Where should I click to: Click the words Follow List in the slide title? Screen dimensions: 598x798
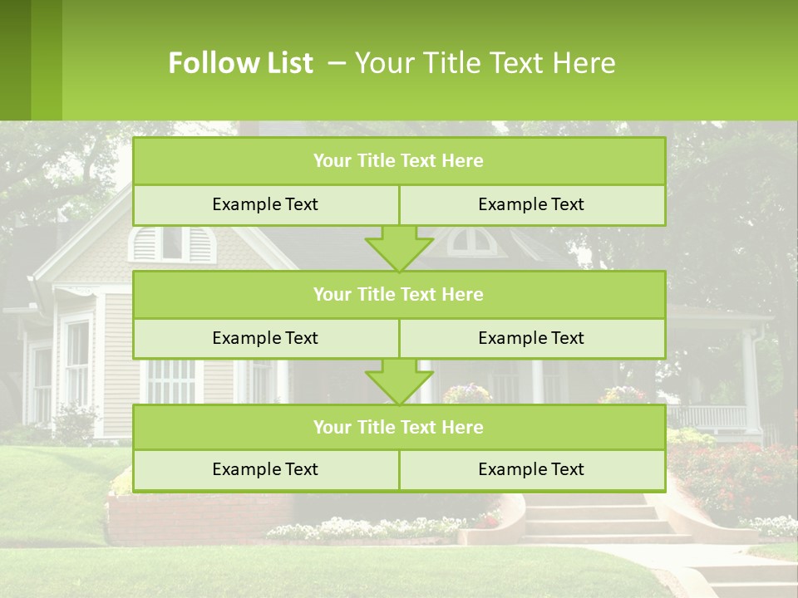pos(240,63)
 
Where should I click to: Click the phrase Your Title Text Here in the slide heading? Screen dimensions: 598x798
pos(485,63)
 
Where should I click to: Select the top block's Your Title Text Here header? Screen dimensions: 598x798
pos(398,161)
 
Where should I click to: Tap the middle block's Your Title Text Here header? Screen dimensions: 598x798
pos(398,294)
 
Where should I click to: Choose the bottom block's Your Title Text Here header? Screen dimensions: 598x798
pos(398,427)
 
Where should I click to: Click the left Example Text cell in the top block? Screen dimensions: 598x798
pos(265,204)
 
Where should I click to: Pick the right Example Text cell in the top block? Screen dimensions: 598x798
pos(531,204)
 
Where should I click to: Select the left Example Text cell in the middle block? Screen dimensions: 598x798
pos(265,338)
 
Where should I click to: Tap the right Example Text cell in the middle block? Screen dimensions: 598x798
pos(531,338)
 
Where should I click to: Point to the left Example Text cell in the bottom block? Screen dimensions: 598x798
pos(265,469)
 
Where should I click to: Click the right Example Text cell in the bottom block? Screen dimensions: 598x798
pos(531,469)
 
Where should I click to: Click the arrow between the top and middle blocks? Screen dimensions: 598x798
pos(399,248)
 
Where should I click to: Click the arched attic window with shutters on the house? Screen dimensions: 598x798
pos(172,243)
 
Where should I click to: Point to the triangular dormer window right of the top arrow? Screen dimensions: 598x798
pos(472,242)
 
